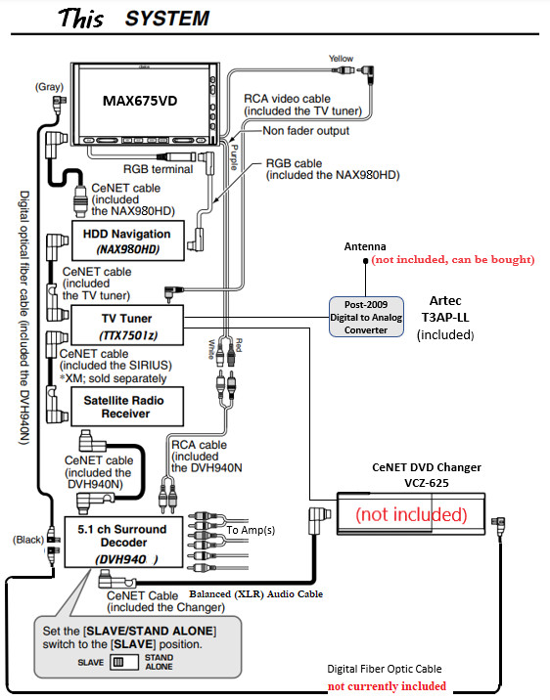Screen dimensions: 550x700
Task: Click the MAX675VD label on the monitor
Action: pos(140,101)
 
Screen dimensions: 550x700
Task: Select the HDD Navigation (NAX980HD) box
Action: pos(128,241)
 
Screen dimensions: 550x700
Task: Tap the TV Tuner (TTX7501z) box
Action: pos(127,326)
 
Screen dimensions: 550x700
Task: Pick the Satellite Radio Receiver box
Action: pos(127,407)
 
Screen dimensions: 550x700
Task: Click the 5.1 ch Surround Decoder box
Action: pos(123,543)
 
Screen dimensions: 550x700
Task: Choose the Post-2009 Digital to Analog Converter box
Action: pos(366,317)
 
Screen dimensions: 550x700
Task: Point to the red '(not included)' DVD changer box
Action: pos(411,514)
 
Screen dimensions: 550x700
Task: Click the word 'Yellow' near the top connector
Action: pos(341,59)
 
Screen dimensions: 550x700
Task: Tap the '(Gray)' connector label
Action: pos(49,87)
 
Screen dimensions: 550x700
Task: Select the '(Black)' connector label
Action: pos(28,540)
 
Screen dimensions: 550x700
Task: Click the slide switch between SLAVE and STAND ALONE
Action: pos(124,662)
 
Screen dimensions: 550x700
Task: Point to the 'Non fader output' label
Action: pos(306,131)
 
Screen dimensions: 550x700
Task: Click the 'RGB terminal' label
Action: pos(159,169)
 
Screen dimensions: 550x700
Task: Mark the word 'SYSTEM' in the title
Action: pos(167,19)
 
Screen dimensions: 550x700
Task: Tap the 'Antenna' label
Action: pos(365,246)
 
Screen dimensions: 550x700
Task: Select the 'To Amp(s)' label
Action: pos(251,530)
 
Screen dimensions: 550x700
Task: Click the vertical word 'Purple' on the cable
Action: pos(234,157)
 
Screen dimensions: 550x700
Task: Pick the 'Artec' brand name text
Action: pos(445,300)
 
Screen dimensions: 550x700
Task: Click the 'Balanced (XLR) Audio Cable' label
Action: pos(256,594)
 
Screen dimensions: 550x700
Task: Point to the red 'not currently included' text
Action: pos(387,686)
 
